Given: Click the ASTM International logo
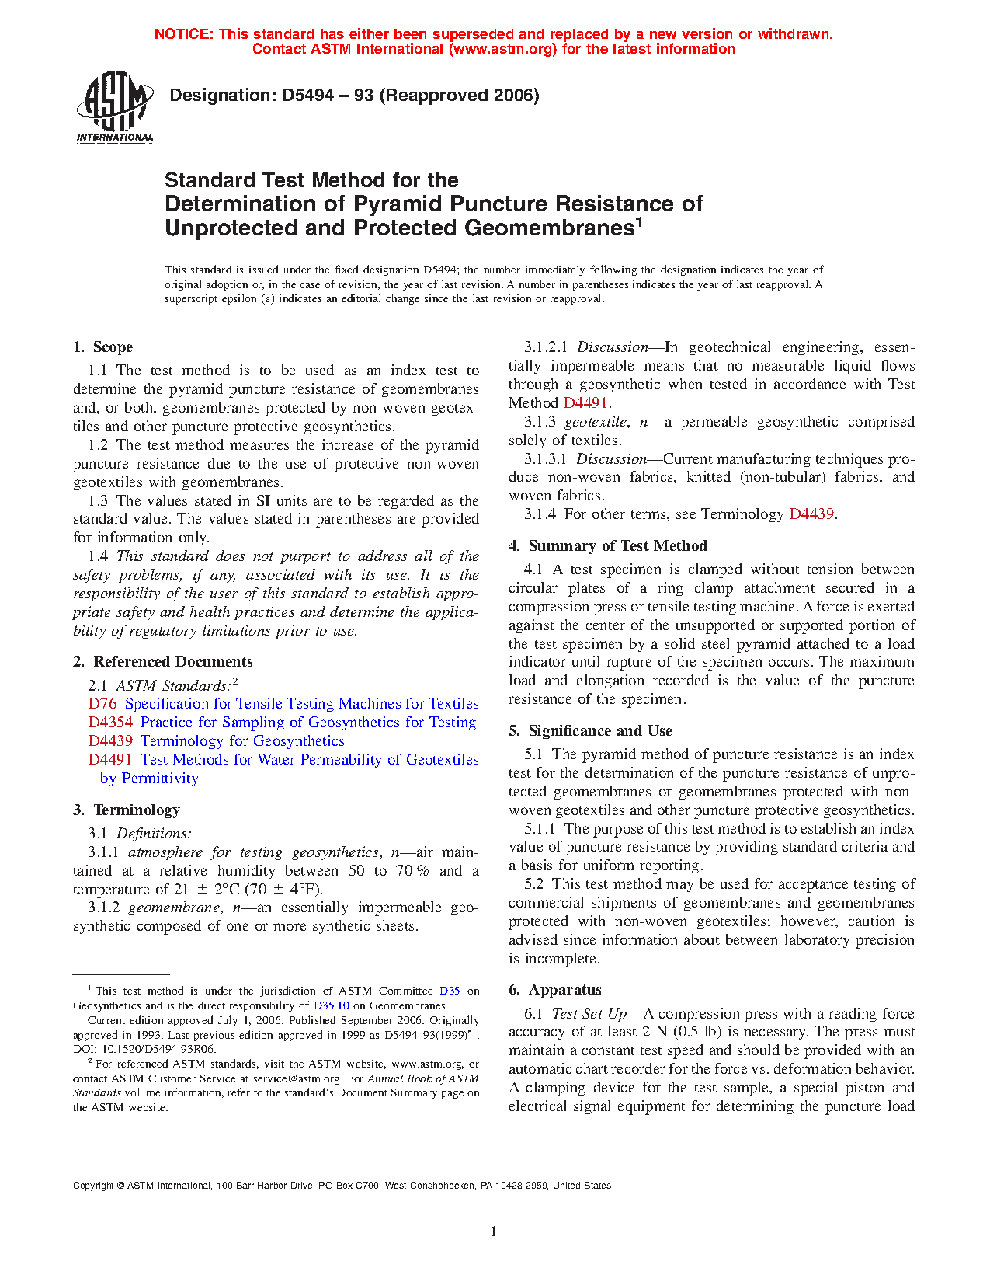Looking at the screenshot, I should click(114, 107).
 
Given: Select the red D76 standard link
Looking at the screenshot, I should click(102, 704).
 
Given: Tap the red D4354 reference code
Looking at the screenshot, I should click(110, 723).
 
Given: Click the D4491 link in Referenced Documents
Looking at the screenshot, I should click(110, 760).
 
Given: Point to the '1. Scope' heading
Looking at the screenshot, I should click(103, 347).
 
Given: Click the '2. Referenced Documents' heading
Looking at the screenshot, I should click(163, 662).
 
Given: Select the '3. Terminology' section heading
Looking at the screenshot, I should click(127, 810).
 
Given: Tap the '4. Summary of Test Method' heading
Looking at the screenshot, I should click(608, 546).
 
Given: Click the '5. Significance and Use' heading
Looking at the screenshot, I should click(590, 731).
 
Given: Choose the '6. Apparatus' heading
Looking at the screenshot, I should click(555, 990).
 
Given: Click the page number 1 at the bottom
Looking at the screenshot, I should click(494, 1231).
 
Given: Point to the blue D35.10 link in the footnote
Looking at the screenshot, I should click(331, 1005).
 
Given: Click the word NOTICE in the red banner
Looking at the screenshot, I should click(183, 34).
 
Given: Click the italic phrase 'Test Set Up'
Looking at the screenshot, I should click(589, 1014).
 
